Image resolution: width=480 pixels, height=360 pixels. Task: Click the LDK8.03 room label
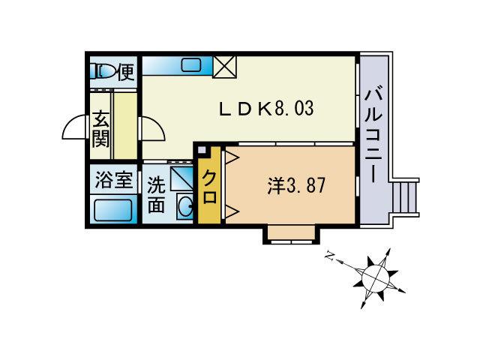pos(266,109)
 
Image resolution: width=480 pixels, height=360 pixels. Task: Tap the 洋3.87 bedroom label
pos(296,185)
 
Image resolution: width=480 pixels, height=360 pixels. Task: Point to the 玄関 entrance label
pos(100,130)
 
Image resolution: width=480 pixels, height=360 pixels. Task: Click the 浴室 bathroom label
pos(113,180)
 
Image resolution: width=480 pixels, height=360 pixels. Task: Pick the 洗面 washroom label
pos(157,195)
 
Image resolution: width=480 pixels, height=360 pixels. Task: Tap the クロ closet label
pos(210,187)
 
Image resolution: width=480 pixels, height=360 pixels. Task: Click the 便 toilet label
pos(126,72)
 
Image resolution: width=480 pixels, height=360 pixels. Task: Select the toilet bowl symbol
pos(103,72)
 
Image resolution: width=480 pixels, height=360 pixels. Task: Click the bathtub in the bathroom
pos(113,210)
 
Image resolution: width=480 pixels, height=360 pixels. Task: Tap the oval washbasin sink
pos(185,206)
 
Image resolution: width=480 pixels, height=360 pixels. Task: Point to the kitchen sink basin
pos(190,65)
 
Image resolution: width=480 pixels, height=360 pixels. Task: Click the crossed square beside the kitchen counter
pos(225,67)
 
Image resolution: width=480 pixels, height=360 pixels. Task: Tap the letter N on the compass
pos(330,256)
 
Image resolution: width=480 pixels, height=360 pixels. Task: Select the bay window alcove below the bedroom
pos(292,233)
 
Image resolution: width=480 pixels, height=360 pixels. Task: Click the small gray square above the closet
pos(202,150)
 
